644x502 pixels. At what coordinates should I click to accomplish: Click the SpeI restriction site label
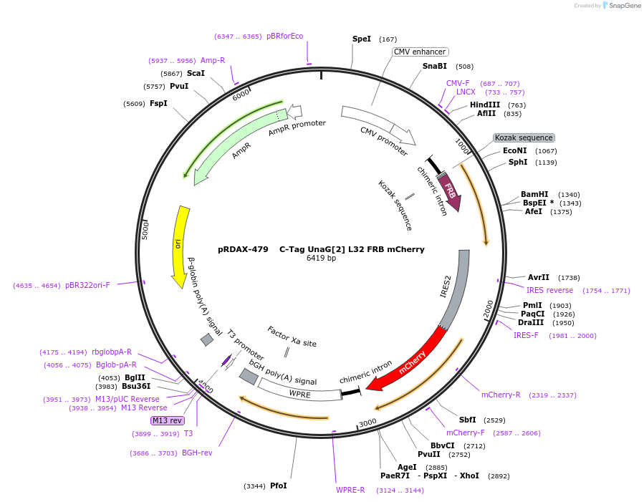(362, 39)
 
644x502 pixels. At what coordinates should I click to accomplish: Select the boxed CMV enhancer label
(420, 52)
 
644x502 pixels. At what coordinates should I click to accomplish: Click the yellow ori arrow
(180, 243)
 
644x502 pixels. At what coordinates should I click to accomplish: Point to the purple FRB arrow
(450, 192)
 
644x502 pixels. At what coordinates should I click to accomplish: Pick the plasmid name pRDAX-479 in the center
(243, 249)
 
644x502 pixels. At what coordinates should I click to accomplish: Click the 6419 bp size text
(321, 258)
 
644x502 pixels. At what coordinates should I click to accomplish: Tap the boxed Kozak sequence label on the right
(524, 137)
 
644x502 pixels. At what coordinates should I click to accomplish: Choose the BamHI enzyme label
(534, 194)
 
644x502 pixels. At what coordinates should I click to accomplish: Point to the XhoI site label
(469, 476)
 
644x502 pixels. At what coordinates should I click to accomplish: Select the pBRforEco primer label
(284, 36)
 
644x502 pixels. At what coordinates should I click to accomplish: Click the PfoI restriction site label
(279, 486)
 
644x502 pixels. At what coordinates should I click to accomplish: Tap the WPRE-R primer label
(350, 490)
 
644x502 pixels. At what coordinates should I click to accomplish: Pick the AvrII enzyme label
(538, 277)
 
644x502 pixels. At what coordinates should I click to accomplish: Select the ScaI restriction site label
(196, 73)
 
